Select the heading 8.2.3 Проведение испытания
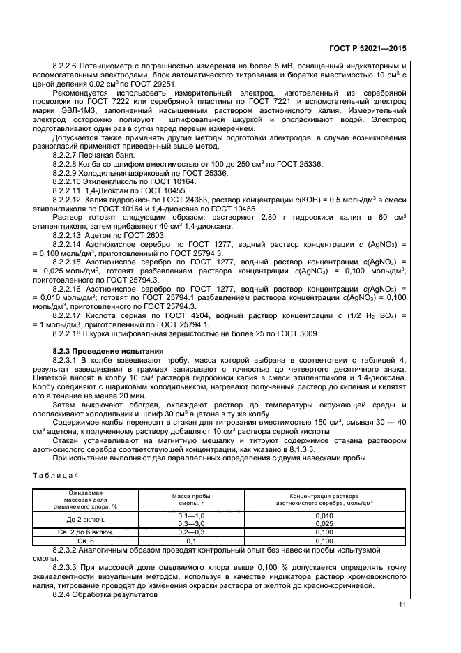tap(108, 350)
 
